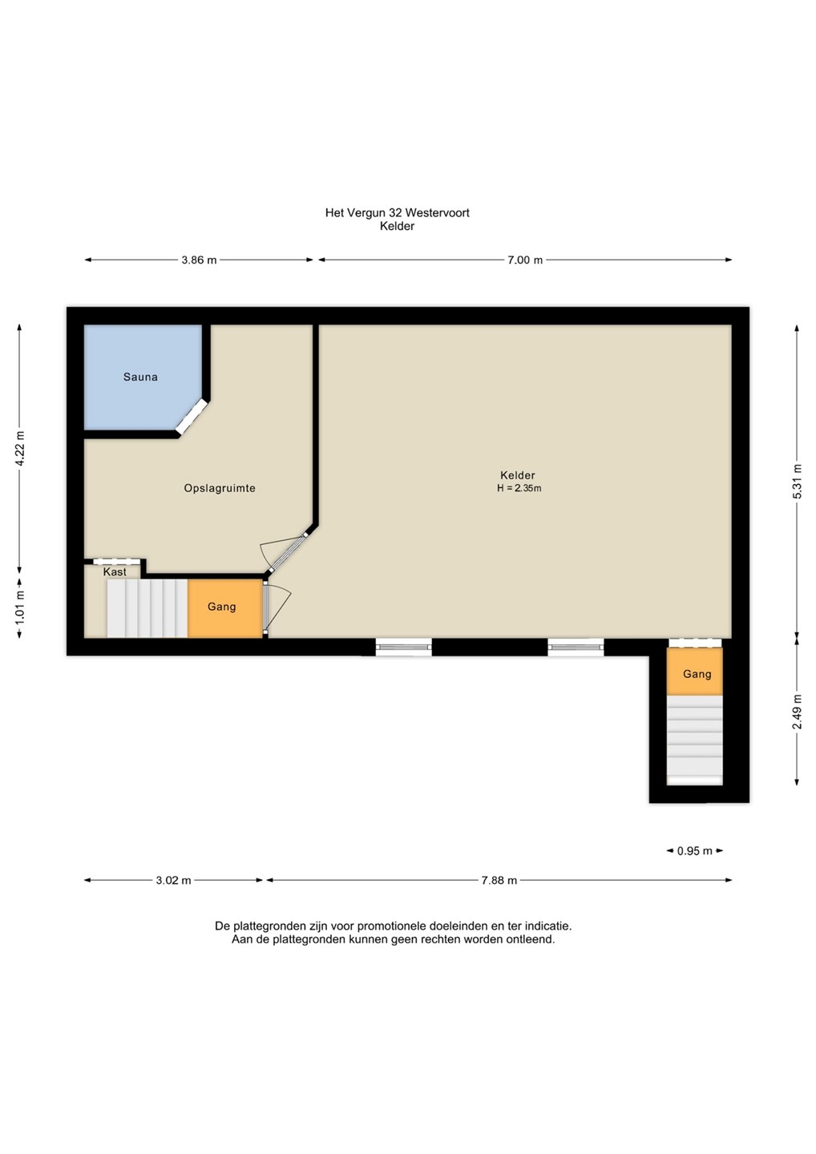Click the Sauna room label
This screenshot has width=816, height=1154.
(x=140, y=377)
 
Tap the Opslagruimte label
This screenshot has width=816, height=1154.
(x=220, y=488)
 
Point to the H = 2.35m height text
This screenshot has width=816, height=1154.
(x=519, y=488)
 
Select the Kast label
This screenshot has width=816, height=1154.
(x=115, y=572)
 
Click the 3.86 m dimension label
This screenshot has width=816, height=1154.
(x=199, y=260)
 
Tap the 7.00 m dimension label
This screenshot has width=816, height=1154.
(x=525, y=260)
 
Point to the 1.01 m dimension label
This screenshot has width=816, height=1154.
(x=20, y=608)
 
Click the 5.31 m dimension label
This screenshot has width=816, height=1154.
(x=798, y=482)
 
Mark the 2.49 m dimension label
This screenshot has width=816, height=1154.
(x=798, y=712)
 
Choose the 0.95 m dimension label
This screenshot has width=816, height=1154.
(x=694, y=851)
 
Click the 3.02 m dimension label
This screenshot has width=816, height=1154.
(x=174, y=881)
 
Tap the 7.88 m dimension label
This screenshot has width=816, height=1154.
(x=499, y=881)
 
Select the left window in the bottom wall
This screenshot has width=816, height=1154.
(x=403, y=647)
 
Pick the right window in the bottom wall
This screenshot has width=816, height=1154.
(x=576, y=647)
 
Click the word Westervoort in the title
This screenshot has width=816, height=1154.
(x=438, y=213)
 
